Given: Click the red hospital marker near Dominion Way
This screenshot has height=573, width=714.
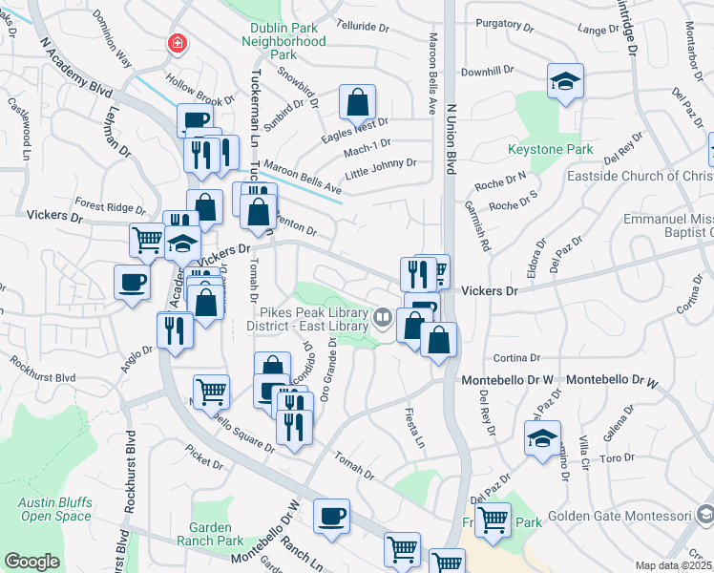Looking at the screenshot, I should point(177,43).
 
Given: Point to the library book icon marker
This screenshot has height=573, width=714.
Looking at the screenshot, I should point(383,316).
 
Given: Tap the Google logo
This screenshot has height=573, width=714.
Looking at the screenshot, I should point(31,562).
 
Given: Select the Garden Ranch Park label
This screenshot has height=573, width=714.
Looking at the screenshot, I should point(216,533).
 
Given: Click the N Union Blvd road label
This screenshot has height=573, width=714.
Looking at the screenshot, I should point(451,133).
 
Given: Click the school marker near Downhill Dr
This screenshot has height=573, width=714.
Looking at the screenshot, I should point(565,82).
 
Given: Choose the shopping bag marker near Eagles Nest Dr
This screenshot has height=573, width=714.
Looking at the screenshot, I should point(357,102).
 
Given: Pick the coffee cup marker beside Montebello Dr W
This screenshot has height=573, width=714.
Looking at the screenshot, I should point(331,517).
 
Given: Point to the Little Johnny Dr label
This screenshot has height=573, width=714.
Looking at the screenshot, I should point(381,162).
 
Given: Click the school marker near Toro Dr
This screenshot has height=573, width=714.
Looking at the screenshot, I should point(542,438).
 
